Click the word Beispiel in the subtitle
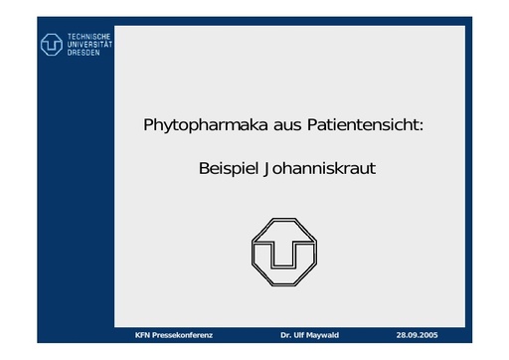(x=228, y=168)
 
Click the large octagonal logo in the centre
(x=287, y=251)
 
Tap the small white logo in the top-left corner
(x=52, y=44)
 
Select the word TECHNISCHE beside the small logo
(x=89, y=36)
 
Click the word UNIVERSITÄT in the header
(x=89, y=44)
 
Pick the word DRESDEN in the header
(x=84, y=52)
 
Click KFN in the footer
(x=143, y=334)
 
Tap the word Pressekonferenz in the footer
(x=183, y=334)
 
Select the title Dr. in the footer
(x=286, y=334)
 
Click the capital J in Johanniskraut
(x=265, y=169)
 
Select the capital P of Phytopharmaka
(x=149, y=127)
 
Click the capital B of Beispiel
(x=204, y=168)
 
